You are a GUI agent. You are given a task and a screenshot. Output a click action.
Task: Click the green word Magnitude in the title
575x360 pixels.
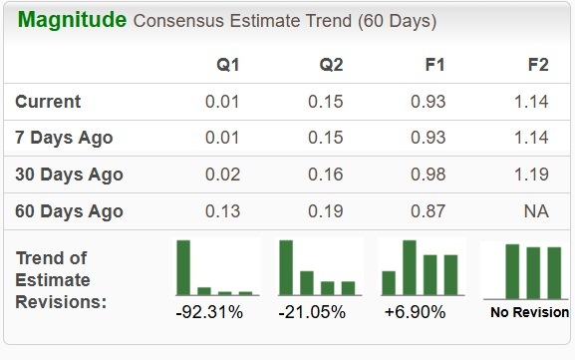point(73,20)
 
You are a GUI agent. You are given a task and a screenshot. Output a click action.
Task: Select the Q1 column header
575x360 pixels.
point(228,65)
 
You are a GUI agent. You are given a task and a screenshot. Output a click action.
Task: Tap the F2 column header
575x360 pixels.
point(537,65)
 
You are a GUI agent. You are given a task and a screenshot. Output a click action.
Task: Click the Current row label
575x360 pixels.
point(48,102)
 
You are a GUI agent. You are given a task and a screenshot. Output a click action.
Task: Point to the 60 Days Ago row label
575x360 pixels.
point(69,211)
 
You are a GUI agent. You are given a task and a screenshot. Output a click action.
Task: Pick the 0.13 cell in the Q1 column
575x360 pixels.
point(222,211)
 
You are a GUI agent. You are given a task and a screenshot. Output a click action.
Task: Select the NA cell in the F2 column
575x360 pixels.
point(536,211)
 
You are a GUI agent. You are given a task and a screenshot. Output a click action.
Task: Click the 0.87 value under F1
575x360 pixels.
point(429,211)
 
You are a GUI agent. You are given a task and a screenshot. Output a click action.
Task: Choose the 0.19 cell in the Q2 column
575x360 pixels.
point(325,211)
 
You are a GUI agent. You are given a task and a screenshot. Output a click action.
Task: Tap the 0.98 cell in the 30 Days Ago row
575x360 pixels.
point(429,175)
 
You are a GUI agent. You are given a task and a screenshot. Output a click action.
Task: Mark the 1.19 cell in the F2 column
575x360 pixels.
point(531,175)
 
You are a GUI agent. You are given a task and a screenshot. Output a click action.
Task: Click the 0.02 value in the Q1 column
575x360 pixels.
point(222,175)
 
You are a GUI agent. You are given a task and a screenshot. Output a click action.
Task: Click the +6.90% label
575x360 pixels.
point(416,312)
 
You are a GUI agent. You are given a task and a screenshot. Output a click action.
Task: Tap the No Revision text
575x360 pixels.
point(529,313)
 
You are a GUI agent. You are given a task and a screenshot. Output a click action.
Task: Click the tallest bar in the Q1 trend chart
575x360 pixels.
point(183,267)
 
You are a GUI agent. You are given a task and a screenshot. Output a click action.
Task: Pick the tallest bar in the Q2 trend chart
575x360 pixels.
point(286,267)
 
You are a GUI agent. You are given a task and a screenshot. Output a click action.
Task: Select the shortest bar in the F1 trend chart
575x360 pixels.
point(389,283)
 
